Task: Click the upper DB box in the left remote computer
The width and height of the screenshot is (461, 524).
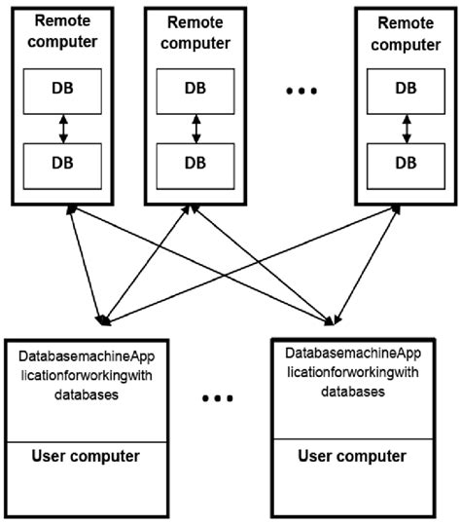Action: click(x=62, y=87)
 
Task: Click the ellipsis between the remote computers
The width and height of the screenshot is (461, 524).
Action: click(x=302, y=94)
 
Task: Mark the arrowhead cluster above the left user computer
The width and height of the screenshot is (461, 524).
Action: click(x=102, y=319)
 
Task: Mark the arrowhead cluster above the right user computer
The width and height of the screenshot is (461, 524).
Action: click(x=336, y=319)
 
